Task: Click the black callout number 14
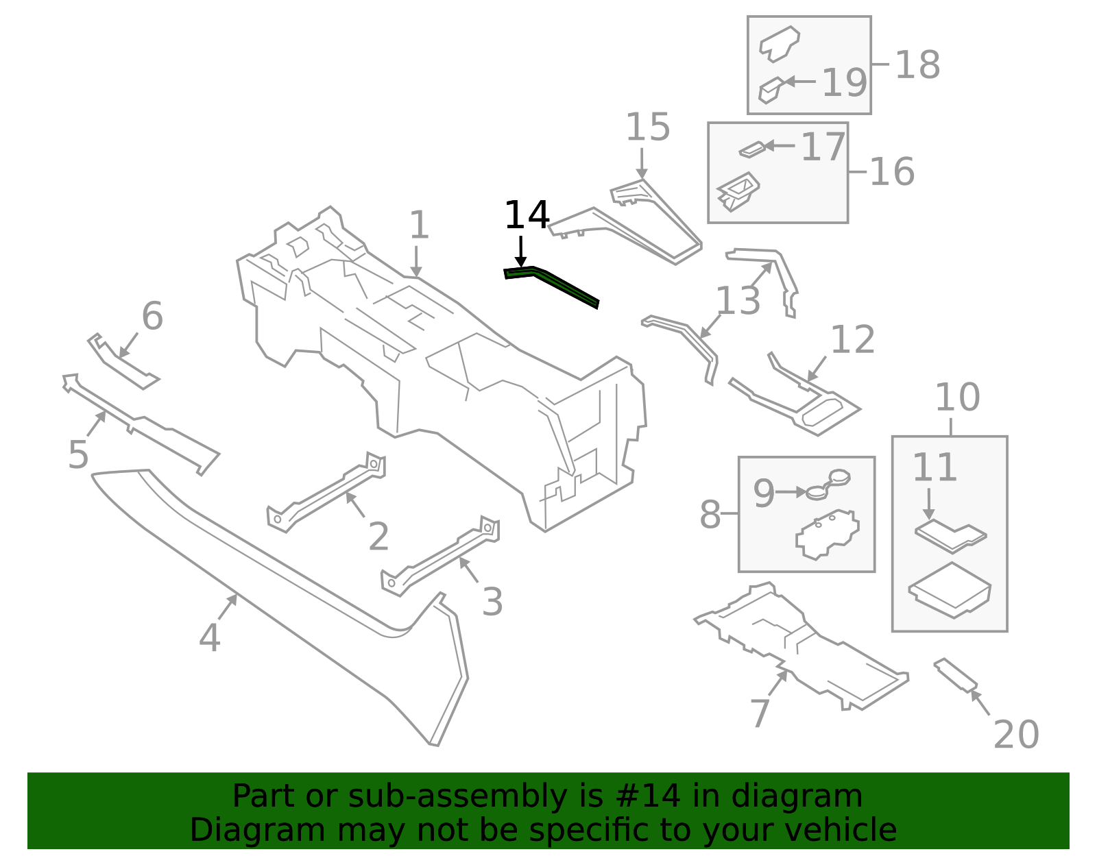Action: [527, 215]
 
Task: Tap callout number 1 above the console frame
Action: [419, 225]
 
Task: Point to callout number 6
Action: [152, 316]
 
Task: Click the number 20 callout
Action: [1016, 735]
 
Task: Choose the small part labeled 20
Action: [954, 674]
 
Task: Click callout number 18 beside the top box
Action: [917, 65]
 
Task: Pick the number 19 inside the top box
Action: [845, 83]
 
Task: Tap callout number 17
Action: [823, 147]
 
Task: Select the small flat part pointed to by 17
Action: [752, 150]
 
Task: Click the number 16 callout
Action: [892, 172]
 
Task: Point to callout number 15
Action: [648, 127]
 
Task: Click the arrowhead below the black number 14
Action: [521, 262]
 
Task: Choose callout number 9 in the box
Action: [764, 493]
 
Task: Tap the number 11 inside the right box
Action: [935, 467]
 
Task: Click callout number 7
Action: [760, 713]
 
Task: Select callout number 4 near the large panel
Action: [210, 637]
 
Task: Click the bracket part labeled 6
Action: [123, 361]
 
